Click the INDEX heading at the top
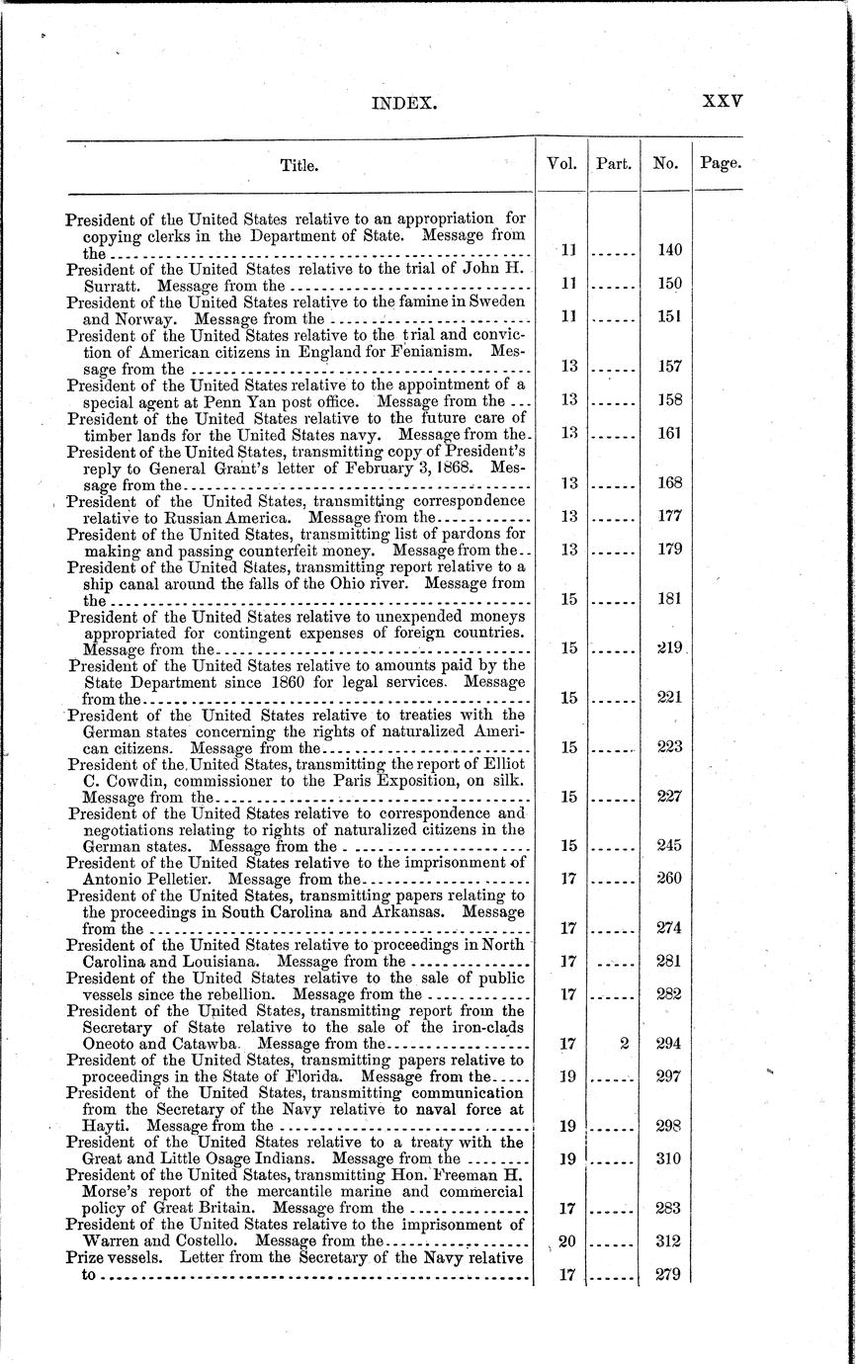[402, 102]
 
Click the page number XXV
[722, 102]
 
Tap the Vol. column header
[562, 165]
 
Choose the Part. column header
[614, 165]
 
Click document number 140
[669, 251]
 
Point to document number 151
[669, 317]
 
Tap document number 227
[669, 796]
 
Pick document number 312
[669, 1240]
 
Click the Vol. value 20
[567, 1240]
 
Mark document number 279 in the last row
[669, 1275]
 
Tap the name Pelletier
[183, 878]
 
